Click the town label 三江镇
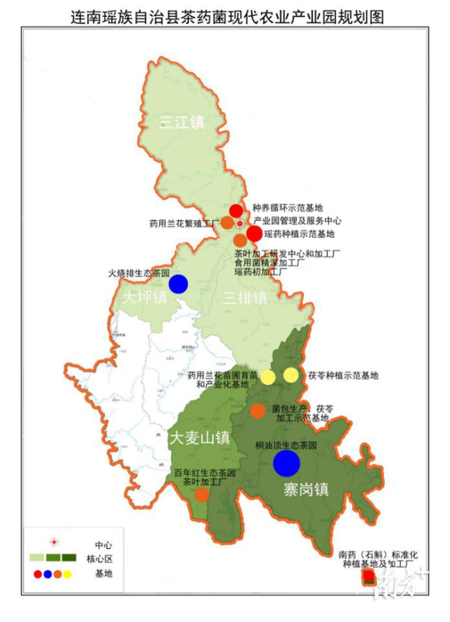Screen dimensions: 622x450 click(183, 122)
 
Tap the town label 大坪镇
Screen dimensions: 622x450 click(144, 299)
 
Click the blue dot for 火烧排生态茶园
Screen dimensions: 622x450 click(178, 284)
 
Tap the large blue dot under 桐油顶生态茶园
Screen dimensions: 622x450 click(287, 463)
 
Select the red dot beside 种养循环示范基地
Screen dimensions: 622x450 click(236, 210)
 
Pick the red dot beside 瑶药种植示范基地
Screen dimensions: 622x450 click(255, 233)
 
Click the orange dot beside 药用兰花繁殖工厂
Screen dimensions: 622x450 click(227, 223)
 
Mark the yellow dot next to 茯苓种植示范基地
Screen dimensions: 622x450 click(291, 376)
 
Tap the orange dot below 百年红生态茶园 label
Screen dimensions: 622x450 click(201, 494)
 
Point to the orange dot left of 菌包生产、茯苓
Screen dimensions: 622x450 click(258, 411)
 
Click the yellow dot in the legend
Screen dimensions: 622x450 click(69, 575)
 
